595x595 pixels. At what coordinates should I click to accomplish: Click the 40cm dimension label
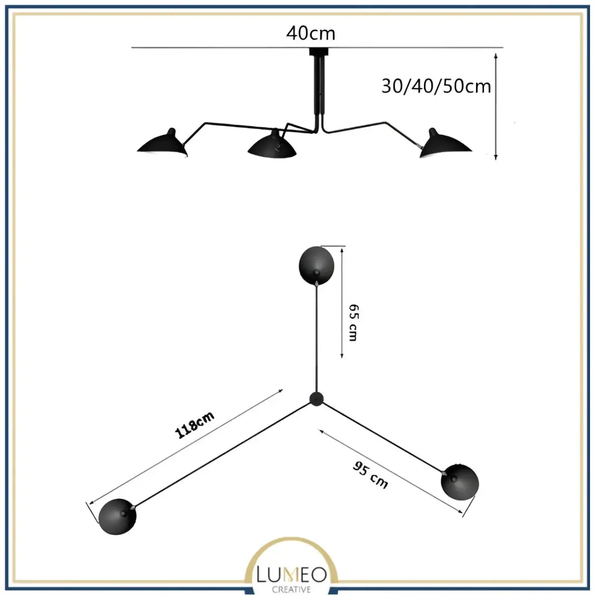coord(310,33)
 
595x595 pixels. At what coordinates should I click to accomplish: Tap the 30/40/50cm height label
coord(436,86)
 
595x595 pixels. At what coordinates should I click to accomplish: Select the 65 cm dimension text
coord(353,322)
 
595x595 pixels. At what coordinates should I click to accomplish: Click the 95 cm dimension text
coord(370,475)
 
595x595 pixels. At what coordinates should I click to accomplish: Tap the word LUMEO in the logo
coord(291,575)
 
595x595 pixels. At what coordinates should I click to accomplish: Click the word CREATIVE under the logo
coord(292,590)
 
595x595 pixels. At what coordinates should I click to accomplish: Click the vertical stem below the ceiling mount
coord(318,89)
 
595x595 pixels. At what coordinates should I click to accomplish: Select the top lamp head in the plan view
coord(317,265)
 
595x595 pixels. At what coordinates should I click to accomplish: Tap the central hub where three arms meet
coord(316,398)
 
